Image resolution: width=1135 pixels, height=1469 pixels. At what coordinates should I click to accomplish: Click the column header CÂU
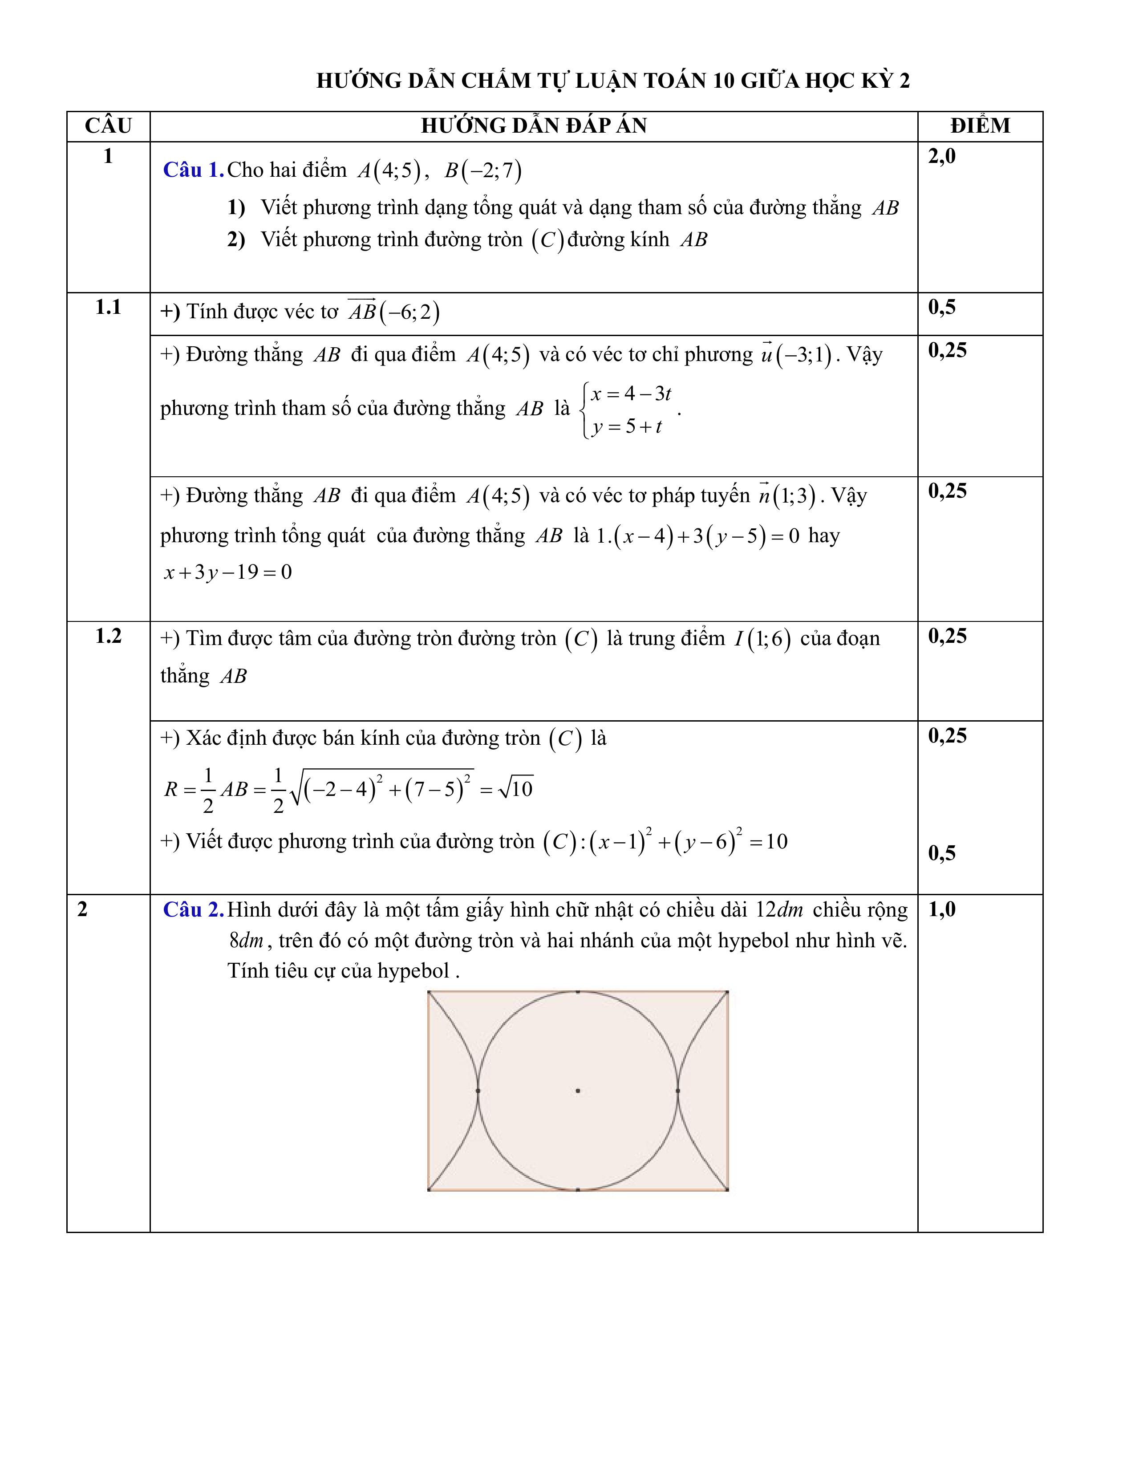[108, 126]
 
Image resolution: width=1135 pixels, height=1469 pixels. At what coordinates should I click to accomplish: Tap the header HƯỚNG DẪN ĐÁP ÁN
[533, 126]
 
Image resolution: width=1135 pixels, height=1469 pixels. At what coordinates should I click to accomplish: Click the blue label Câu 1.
[193, 170]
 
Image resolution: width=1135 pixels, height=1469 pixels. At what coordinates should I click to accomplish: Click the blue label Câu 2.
[193, 910]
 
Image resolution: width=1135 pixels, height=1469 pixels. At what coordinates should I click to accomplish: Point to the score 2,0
[941, 157]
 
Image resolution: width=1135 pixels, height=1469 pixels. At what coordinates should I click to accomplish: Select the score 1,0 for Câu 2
[941, 910]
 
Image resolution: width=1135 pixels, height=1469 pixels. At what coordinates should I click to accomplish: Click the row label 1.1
[108, 308]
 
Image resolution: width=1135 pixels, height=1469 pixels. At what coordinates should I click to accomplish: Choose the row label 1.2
[108, 636]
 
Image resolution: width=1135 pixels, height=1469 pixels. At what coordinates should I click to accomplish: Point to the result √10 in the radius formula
[516, 788]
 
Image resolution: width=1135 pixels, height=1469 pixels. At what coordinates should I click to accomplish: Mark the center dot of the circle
[578, 1090]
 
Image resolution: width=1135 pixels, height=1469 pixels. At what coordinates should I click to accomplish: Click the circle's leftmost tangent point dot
[478, 1090]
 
